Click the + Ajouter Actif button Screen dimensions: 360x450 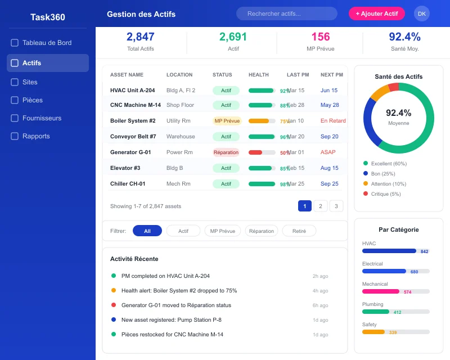tap(377, 13)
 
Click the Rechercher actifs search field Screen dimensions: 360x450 tap(286, 13)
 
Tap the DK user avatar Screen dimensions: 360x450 tap(421, 13)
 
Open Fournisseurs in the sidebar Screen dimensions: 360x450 tap(42, 118)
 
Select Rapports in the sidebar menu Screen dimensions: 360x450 tap(36, 136)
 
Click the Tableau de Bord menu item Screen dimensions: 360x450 tap(47, 43)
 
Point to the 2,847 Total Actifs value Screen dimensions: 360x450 tap(141, 37)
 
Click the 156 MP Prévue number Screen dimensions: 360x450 tap(321, 37)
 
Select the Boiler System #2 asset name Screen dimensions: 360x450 tap(133, 121)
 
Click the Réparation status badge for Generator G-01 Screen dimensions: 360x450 tap(226, 152)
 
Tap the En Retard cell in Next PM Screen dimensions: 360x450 tap(333, 121)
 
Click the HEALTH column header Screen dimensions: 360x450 tap(258, 75)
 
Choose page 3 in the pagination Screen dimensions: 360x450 tap(336, 206)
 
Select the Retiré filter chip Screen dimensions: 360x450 tap(299, 231)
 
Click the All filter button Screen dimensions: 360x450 tap(147, 231)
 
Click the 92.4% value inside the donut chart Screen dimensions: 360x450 tap(398, 113)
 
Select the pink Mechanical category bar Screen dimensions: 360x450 tap(381, 291)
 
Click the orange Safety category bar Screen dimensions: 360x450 tap(373, 332)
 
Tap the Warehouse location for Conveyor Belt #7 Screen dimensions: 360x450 tap(181, 137)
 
